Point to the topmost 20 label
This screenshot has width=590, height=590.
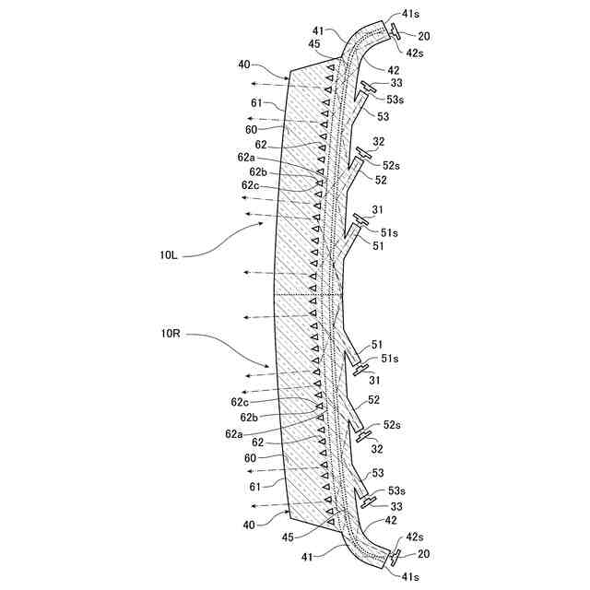pos(423,36)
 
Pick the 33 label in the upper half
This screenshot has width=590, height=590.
pos(396,82)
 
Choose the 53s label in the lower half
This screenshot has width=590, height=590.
pos(396,490)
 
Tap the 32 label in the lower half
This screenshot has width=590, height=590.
pos(378,448)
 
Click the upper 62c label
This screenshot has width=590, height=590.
pos(250,185)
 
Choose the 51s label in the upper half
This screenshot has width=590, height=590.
pos(390,232)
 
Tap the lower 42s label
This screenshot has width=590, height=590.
pos(415,536)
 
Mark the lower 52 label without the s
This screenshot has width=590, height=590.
pos(374,399)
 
